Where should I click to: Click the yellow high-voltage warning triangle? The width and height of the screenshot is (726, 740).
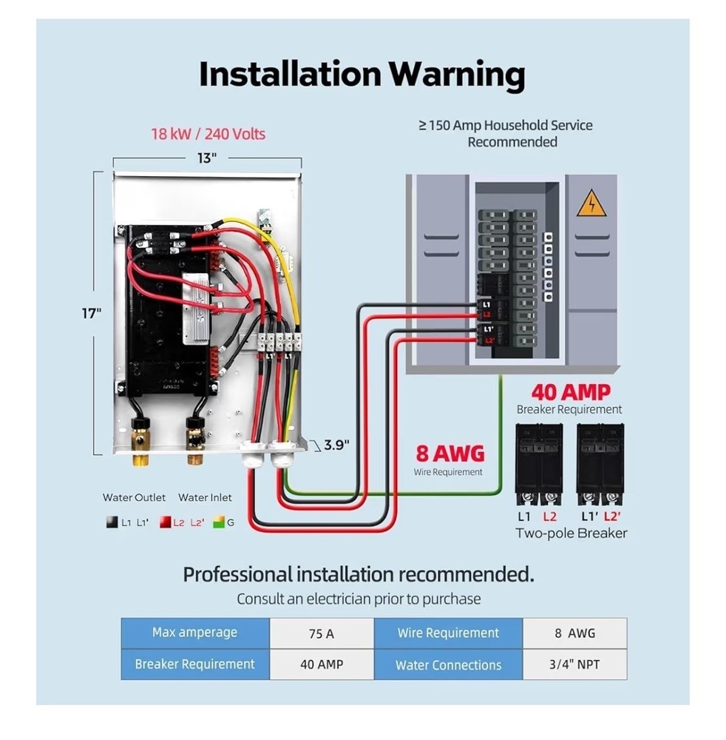tap(591, 203)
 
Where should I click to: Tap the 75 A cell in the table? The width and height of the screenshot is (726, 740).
tap(321, 633)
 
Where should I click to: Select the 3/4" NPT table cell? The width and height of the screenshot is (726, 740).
tap(574, 664)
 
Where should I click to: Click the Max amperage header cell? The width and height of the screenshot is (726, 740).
tap(194, 633)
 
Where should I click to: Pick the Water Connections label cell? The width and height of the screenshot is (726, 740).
tap(448, 665)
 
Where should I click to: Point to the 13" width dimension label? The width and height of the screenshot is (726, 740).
tap(208, 158)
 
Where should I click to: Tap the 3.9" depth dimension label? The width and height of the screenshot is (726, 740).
tap(336, 445)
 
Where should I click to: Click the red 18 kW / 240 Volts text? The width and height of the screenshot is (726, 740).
tap(208, 134)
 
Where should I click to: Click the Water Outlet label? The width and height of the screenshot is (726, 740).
tap(134, 498)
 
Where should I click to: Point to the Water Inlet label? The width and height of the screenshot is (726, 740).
tap(205, 498)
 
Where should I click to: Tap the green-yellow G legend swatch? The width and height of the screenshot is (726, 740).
tap(218, 522)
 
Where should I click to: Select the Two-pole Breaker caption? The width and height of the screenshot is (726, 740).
tap(571, 533)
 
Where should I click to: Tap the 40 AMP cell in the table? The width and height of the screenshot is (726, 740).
tap(321, 664)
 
